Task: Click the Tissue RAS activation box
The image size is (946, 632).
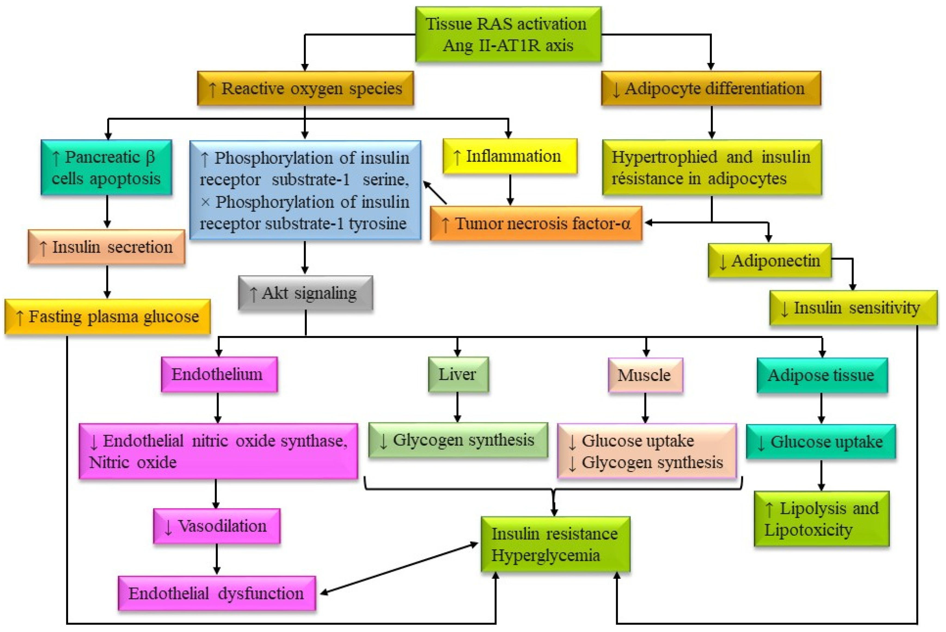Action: pyautogui.click(x=508, y=34)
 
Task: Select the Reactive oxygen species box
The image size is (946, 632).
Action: pyautogui.click(x=305, y=89)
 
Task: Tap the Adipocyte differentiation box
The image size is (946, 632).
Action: pyautogui.click(x=711, y=89)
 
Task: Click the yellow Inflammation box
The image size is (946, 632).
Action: pyautogui.click(x=510, y=156)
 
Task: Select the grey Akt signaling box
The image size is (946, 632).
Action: pyautogui.click(x=305, y=293)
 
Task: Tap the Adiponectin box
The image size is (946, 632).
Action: pyautogui.click(x=769, y=261)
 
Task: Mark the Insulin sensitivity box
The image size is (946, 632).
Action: pyautogui.click(x=853, y=308)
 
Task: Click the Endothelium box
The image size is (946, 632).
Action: pyautogui.click(x=219, y=374)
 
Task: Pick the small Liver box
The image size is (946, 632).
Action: pyautogui.click(x=458, y=374)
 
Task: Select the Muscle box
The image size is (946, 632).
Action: pyautogui.click(x=645, y=375)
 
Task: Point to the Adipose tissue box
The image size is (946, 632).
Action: pyautogui.click(x=822, y=375)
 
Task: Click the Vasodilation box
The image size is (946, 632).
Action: pyautogui.click(x=217, y=526)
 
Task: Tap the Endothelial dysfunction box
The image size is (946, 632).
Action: pyautogui.click(x=217, y=593)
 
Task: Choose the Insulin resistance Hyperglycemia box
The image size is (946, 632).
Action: pyautogui.click(x=555, y=544)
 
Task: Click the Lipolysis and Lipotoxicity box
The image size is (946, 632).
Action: pyautogui.click(x=821, y=519)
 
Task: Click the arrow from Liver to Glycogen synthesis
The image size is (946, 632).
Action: pyautogui.click(x=457, y=407)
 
